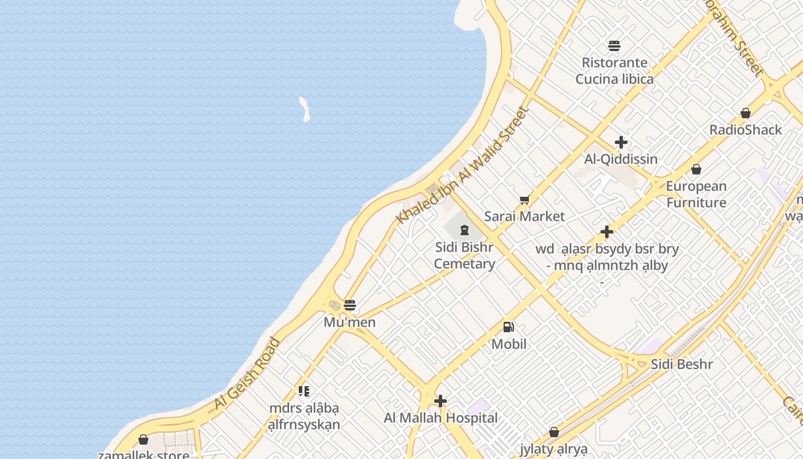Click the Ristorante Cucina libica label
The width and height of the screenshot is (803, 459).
coord(614,71)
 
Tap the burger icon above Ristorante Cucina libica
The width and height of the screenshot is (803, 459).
coord(614,45)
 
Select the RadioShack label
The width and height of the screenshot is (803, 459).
coord(745,130)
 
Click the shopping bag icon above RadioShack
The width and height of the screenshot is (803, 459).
coord(745,113)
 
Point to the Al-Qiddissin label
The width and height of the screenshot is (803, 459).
coord(621,159)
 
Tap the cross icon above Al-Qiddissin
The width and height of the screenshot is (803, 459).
coord(621,142)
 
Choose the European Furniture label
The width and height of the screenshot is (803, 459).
coord(696,194)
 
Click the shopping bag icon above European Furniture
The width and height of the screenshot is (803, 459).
coord(696,169)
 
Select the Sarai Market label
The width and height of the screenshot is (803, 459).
coord(524,216)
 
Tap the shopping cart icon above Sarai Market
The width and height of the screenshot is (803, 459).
coord(524,200)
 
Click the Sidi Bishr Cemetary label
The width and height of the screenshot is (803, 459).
coord(464,255)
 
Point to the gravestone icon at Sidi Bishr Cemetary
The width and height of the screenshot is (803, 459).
coord(464,231)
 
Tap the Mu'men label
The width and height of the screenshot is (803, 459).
coord(349,322)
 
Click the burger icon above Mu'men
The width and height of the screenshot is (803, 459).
coord(349,305)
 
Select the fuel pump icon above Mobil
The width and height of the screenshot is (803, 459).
coord(508,327)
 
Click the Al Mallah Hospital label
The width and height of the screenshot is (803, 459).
coord(441,418)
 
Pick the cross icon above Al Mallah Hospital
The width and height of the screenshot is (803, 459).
coord(441,401)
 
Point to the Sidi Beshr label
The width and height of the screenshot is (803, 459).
coord(681,364)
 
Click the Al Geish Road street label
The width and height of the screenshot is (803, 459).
coord(247,374)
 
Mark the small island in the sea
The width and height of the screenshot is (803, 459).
coord(304,108)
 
